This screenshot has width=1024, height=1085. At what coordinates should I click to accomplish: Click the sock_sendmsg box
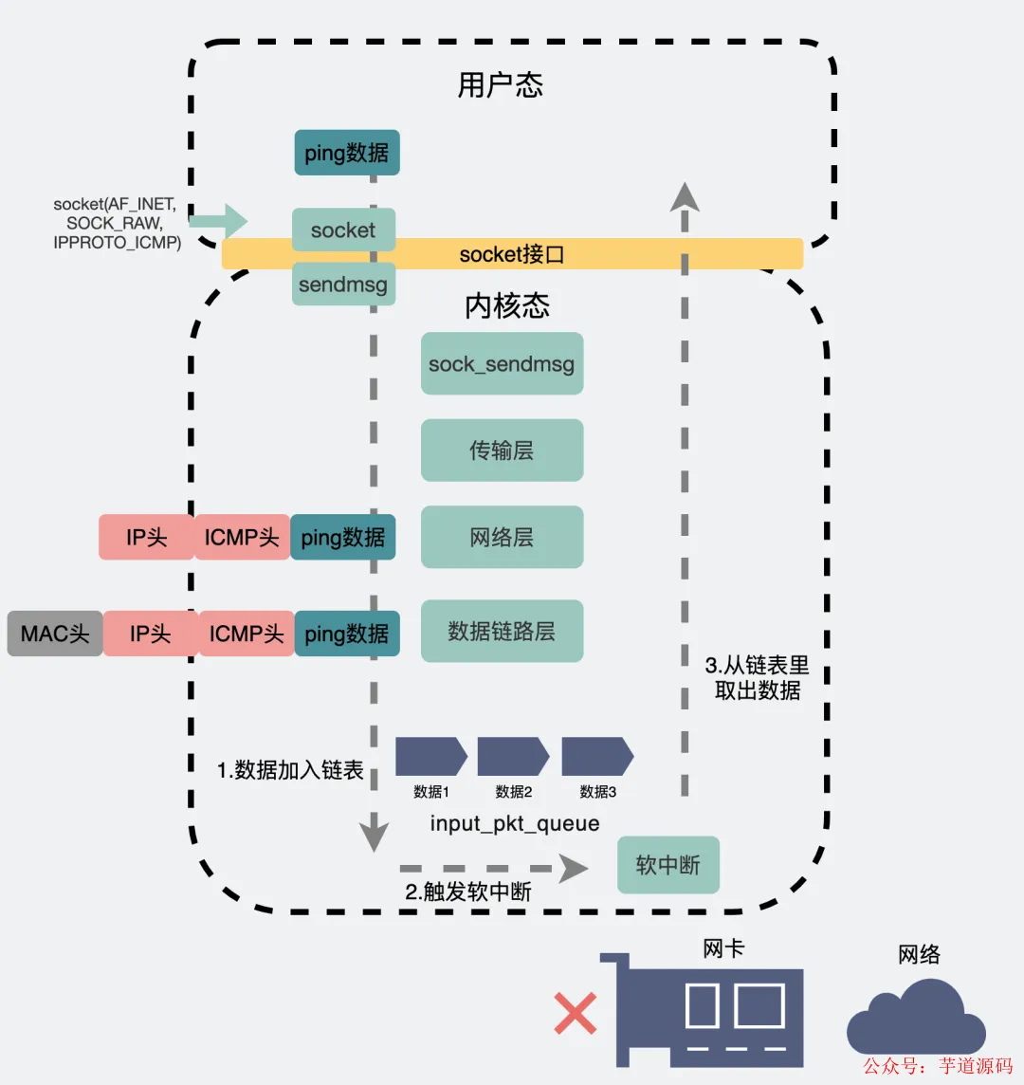[x=502, y=363]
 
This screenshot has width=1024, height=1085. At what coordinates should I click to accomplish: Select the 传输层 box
[x=502, y=451]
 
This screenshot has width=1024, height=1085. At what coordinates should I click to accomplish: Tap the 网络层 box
[x=502, y=538]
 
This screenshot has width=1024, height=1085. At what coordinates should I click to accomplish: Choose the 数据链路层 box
[x=502, y=631]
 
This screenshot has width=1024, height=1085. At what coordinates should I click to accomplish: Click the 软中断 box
[x=667, y=865]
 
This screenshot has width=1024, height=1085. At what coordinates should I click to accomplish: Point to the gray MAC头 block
[x=55, y=634]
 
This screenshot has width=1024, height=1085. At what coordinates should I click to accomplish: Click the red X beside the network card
[x=576, y=1014]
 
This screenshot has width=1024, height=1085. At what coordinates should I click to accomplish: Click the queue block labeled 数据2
[x=513, y=756]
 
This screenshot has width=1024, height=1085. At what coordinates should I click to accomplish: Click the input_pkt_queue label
[x=515, y=823]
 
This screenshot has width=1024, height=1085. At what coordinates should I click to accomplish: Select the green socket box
[x=343, y=230]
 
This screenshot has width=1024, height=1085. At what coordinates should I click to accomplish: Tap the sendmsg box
[x=343, y=285]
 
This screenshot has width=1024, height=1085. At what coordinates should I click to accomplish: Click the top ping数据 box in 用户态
[x=346, y=153]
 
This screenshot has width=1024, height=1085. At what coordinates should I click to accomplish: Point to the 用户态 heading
[x=501, y=85]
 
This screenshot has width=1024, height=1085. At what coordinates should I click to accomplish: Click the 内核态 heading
[x=507, y=305]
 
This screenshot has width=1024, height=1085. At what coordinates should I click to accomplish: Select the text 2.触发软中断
[x=468, y=892]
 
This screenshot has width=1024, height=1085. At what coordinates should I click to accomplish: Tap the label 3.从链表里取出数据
[x=757, y=677]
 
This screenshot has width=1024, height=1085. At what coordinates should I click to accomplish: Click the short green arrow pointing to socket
[x=218, y=221]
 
